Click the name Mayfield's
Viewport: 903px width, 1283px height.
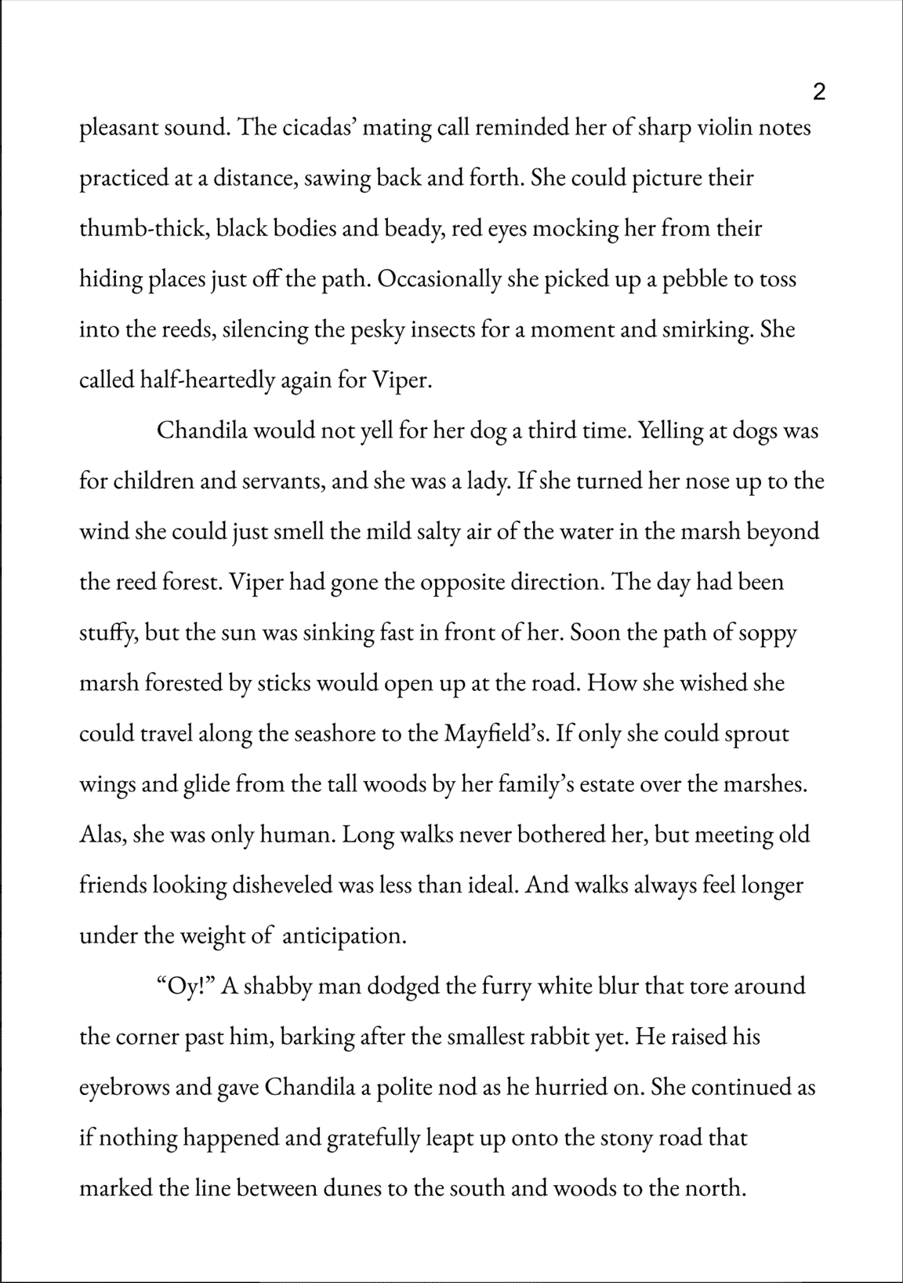[499, 734]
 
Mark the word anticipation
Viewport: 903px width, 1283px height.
[343, 936]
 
